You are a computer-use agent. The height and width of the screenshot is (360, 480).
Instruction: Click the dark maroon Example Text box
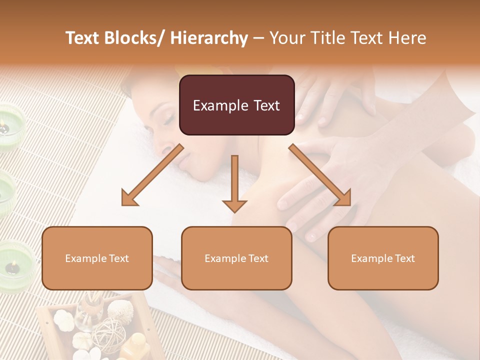(236, 105)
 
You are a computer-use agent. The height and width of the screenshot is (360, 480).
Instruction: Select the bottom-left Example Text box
(97, 258)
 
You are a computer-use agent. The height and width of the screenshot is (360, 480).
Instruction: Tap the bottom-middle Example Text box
(236, 258)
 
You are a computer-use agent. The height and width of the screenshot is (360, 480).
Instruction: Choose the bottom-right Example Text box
(383, 258)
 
